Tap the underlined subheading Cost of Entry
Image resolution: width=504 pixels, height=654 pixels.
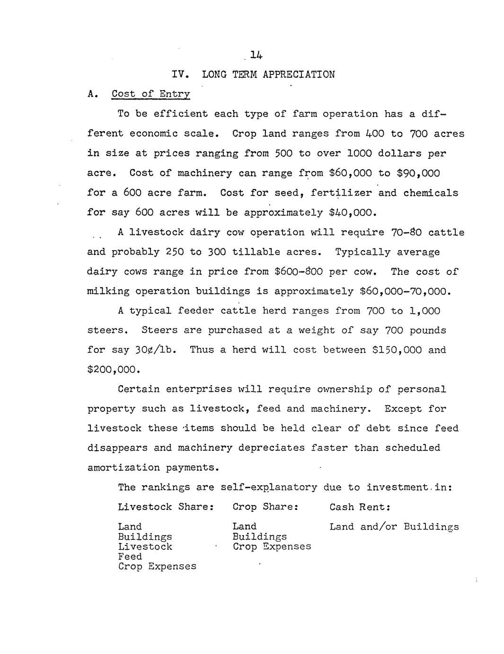pyautogui.click(x=150, y=94)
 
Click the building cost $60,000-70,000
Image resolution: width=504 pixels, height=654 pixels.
pyautogui.click(x=403, y=291)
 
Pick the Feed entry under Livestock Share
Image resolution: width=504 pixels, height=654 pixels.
pyautogui.click(x=130, y=556)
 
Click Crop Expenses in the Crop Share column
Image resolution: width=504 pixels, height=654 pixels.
pyautogui.click(x=272, y=546)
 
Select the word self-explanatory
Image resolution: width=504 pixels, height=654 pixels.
pyautogui.click(x=268, y=487)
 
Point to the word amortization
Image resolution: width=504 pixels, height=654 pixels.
pyautogui.click(x=124, y=468)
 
